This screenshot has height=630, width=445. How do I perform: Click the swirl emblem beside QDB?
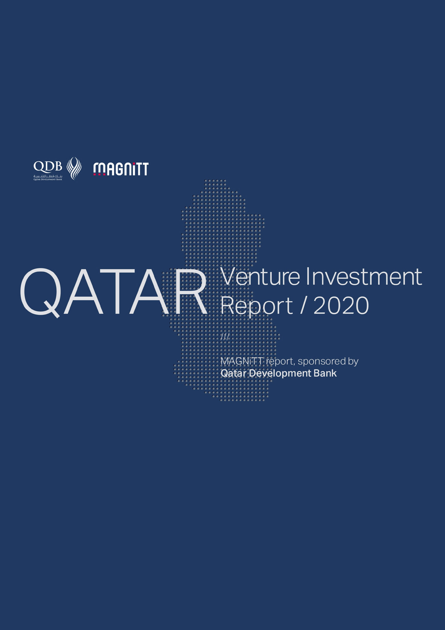point(74,168)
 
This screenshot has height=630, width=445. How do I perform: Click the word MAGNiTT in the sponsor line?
point(242,361)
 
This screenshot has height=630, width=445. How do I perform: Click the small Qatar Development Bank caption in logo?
point(48,179)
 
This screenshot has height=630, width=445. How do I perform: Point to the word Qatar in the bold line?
point(233,373)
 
